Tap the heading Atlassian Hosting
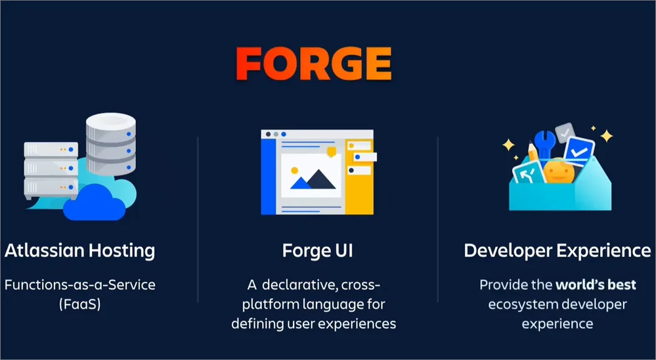(x=80, y=250)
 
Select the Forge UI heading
(x=317, y=250)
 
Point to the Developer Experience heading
(x=557, y=250)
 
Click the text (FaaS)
(x=79, y=304)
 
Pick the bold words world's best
(x=596, y=285)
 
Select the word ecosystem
(x=529, y=305)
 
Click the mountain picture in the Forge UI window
(x=311, y=176)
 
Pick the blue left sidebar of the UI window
(x=267, y=176)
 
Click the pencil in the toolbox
(x=533, y=154)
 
